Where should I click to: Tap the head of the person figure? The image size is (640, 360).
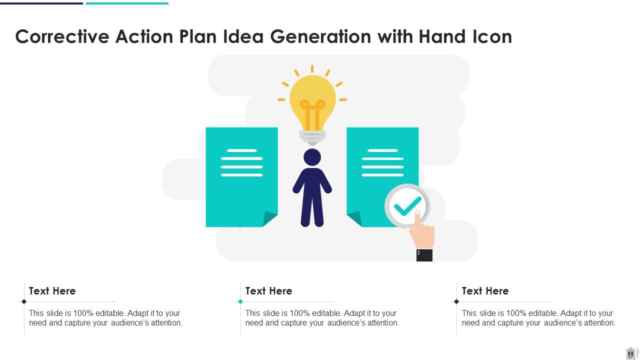click(x=312, y=157)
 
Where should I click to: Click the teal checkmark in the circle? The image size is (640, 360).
click(x=407, y=205)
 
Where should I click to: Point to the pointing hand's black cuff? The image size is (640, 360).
click(x=424, y=255)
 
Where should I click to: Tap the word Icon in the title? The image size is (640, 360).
click(x=492, y=36)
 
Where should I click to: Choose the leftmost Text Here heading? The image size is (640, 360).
click(x=52, y=291)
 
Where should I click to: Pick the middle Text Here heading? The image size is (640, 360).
click(x=268, y=291)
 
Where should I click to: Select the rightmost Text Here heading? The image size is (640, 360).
click(x=485, y=291)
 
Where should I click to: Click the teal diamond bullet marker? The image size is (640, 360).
click(x=240, y=301)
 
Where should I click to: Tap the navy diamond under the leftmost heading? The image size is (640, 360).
click(x=24, y=301)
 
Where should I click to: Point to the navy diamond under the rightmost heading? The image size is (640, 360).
click(x=456, y=301)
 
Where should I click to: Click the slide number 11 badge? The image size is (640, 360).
click(x=630, y=353)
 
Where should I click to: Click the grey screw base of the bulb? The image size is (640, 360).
click(x=312, y=136)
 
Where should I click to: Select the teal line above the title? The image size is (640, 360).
click(x=127, y=3)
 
